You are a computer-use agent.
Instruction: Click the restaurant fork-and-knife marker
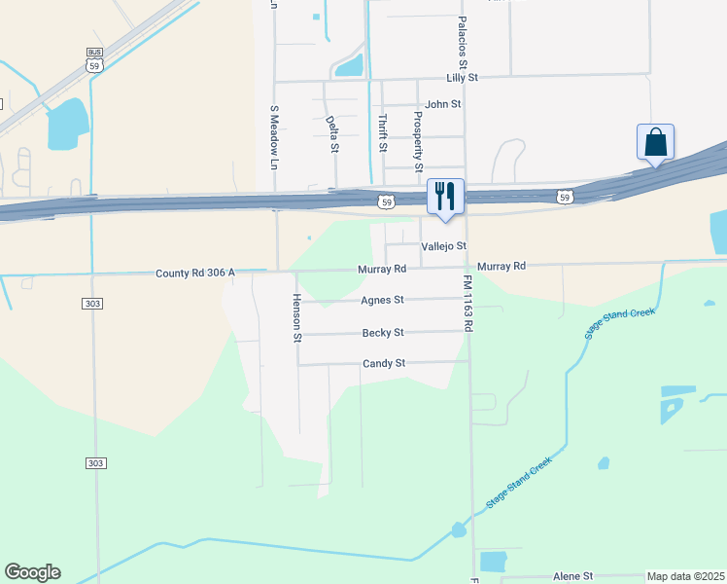[445, 196]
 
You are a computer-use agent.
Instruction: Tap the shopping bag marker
[656, 142]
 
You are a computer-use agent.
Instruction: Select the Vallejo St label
[444, 246]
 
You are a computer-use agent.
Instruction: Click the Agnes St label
[382, 301]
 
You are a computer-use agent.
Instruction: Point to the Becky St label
[383, 333]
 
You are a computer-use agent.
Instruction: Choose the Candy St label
[383, 364]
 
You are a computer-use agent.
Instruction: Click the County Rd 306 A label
[195, 274]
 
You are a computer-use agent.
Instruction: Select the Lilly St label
[463, 76]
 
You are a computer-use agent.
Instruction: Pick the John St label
[442, 103]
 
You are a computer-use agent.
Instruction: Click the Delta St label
[332, 134]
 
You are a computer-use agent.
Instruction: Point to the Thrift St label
[382, 133]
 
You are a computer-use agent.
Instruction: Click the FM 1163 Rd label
[467, 304]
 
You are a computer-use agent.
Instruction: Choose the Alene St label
[572, 576]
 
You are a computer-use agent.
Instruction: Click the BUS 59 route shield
[93, 59]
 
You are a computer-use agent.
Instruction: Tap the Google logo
[32, 572]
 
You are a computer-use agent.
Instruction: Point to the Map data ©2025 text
[685, 576]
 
